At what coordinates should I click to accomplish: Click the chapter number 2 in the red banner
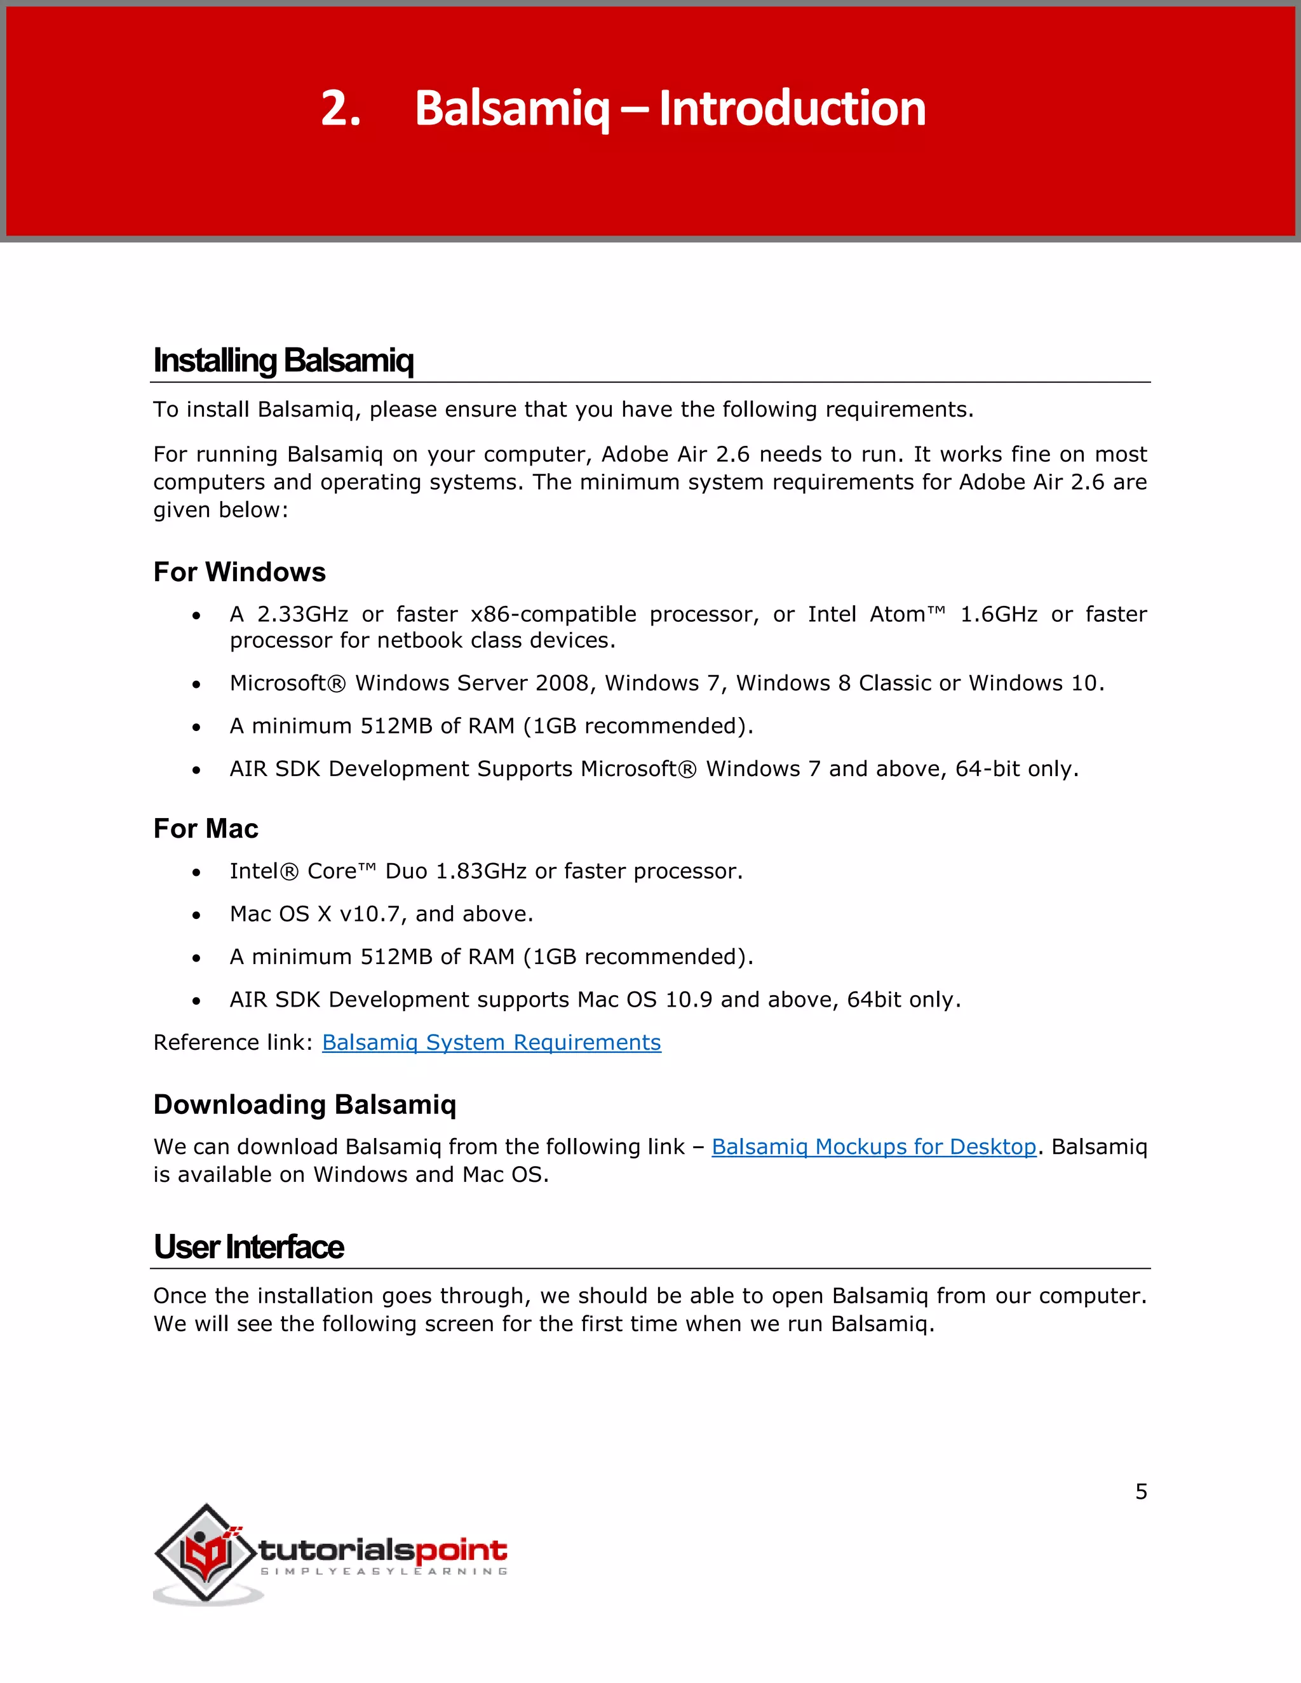pos(340,108)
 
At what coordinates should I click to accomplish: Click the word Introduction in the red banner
pos(792,108)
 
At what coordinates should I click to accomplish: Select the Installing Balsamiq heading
pos(283,360)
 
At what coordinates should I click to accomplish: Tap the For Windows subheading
pos(239,572)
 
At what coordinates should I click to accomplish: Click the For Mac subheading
pos(206,828)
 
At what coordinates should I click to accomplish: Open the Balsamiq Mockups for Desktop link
pos(873,1146)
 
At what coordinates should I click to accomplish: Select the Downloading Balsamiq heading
pos(304,1104)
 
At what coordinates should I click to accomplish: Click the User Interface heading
pos(248,1247)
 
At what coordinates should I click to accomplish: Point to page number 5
pos(1141,1492)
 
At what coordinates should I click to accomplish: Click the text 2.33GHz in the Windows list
pos(302,614)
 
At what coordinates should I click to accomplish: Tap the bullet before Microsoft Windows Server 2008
pos(196,684)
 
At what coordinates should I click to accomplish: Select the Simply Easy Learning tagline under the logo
pos(384,1571)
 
